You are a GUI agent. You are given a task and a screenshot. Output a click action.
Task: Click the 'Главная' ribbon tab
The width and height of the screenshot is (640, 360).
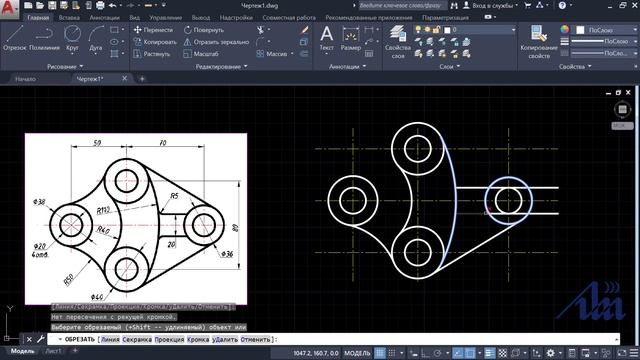(40, 18)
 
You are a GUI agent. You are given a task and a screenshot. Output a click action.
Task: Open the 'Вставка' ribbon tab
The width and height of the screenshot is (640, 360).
(70, 18)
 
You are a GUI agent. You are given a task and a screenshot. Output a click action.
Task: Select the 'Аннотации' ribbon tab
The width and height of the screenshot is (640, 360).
(104, 18)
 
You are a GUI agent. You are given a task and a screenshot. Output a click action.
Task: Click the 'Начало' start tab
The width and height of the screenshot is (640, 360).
(27, 77)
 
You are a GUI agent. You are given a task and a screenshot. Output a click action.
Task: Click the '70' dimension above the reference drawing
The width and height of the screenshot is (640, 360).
(161, 144)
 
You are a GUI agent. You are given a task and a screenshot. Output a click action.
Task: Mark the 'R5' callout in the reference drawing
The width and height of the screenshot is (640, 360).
(174, 195)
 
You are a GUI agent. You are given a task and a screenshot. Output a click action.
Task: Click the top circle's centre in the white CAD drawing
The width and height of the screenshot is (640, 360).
(416, 148)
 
